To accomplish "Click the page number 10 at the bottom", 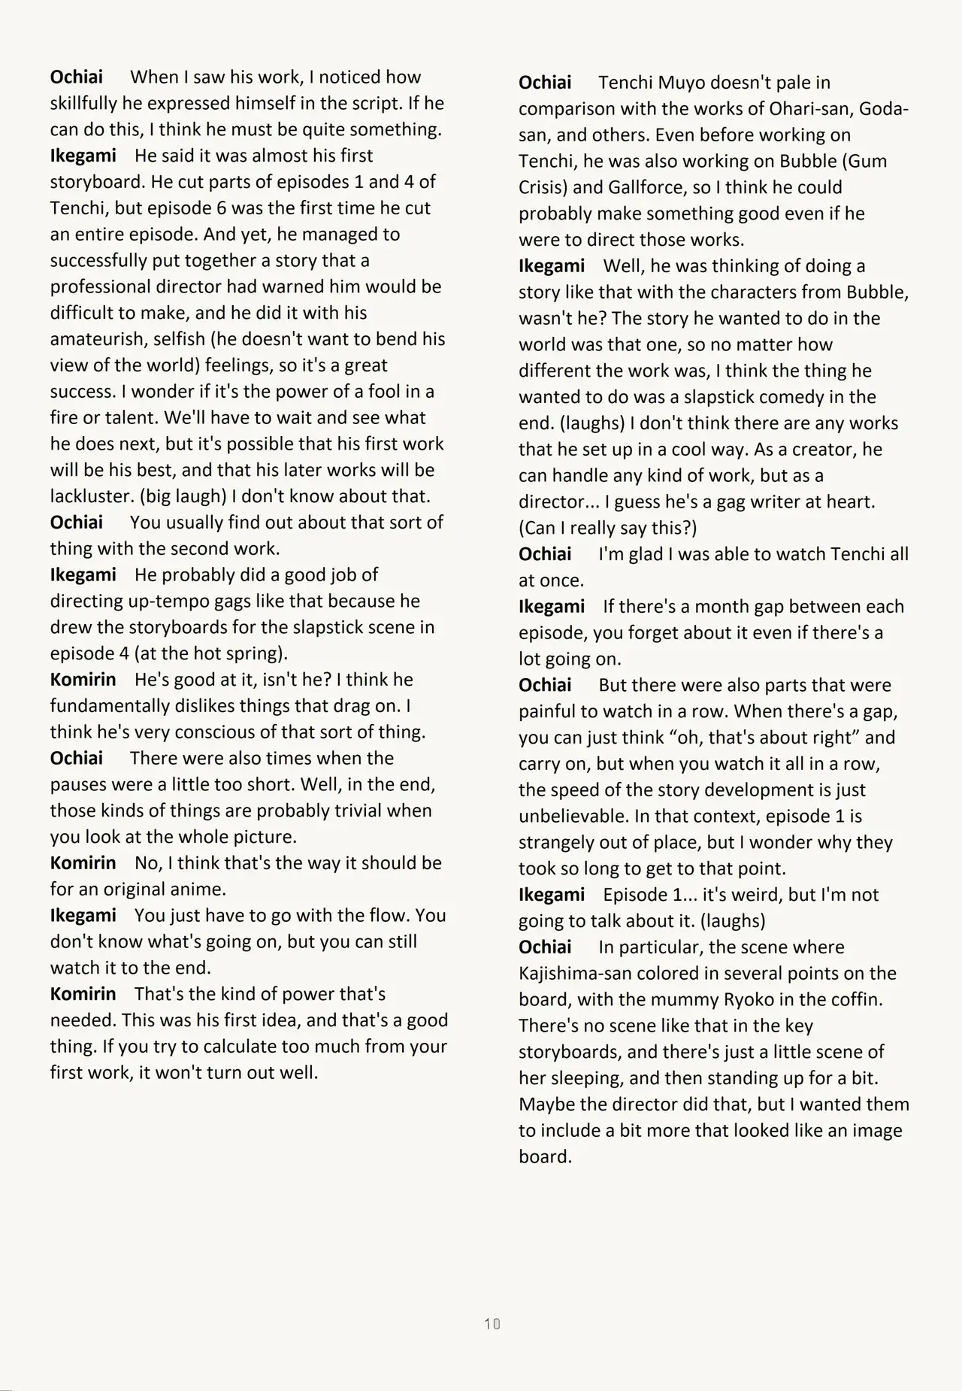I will [492, 1323].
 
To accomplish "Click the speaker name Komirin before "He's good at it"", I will [83, 680].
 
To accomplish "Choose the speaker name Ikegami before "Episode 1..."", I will [551, 895].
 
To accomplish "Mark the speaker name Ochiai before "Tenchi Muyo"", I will [545, 83].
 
